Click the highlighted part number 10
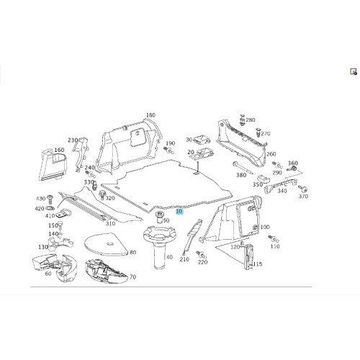[x=179, y=212]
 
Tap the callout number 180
[x=150, y=115]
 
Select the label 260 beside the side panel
[x=271, y=154]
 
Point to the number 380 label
[x=241, y=175]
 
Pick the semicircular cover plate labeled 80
[x=107, y=244]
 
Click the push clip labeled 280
[x=243, y=120]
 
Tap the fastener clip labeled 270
[x=258, y=132]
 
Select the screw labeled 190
[x=169, y=150]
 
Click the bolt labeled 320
[x=102, y=195]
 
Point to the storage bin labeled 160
[x=53, y=165]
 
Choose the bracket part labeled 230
[x=81, y=154]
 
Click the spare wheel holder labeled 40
[x=160, y=247]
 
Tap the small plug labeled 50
[x=159, y=217]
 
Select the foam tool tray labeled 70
[x=107, y=271]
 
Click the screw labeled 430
[x=50, y=199]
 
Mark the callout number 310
[x=110, y=224]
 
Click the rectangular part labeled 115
[x=248, y=257]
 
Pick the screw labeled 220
[x=201, y=254]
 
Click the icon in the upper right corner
[x=354, y=71]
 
